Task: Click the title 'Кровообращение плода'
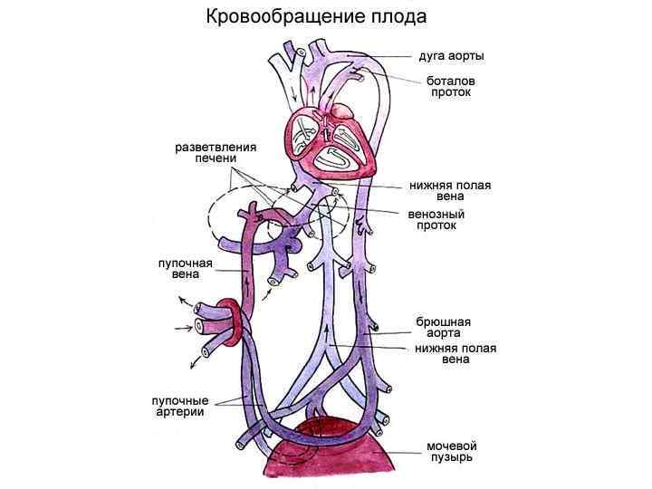[x=316, y=17]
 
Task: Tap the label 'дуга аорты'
[x=450, y=56]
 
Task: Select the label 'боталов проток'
[x=450, y=87]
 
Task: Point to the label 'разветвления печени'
[x=216, y=153]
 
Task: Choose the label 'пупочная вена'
[x=186, y=269]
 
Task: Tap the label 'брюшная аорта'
[x=443, y=328]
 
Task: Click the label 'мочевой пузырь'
[x=451, y=452]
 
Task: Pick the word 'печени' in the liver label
[x=216, y=159]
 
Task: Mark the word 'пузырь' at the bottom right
[x=451, y=458]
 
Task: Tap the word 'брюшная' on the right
[x=443, y=321]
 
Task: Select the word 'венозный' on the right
[x=436, y=214]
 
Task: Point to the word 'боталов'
[x=450, y=81]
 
